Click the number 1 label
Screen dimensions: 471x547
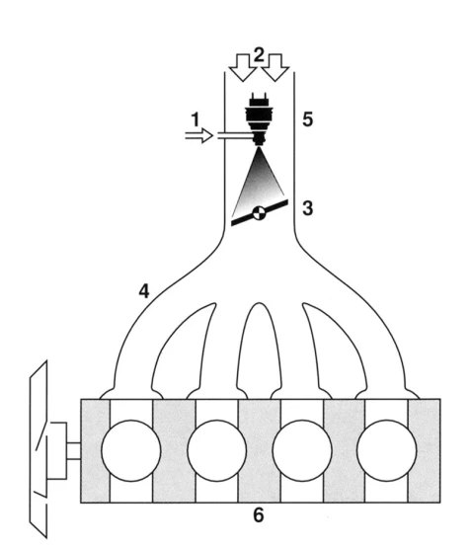[x=196, y=119]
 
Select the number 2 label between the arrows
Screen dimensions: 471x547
[x=259, y=55]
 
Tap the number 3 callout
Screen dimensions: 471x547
[x=307, y=208]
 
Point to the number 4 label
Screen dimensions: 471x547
[x=144, y=291]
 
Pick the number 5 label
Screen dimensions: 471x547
[x=307, y=119]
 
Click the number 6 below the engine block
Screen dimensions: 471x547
[x=258, y=515]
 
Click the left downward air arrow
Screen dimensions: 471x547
[x=243, y=68]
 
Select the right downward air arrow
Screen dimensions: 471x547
[x=275, y=68]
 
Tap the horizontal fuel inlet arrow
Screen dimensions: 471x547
[x=198, y=135]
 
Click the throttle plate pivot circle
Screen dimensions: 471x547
[x=259, y=213]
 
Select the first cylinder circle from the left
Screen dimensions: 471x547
[x=131, y=450]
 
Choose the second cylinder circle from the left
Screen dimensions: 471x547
[x=217, y=450]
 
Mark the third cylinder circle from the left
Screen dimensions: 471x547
[x=302, y=450]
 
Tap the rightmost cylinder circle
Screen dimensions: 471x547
[x=387, y=450]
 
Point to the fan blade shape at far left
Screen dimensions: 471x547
[x=39, y=449]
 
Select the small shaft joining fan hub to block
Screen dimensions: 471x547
[x=74, y=451]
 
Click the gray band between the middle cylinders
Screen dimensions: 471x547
[x=260, y=450]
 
